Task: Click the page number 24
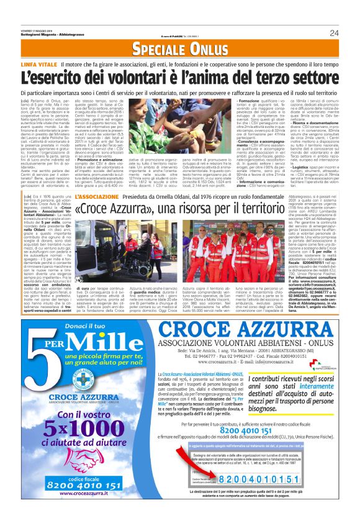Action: [334, 33]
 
